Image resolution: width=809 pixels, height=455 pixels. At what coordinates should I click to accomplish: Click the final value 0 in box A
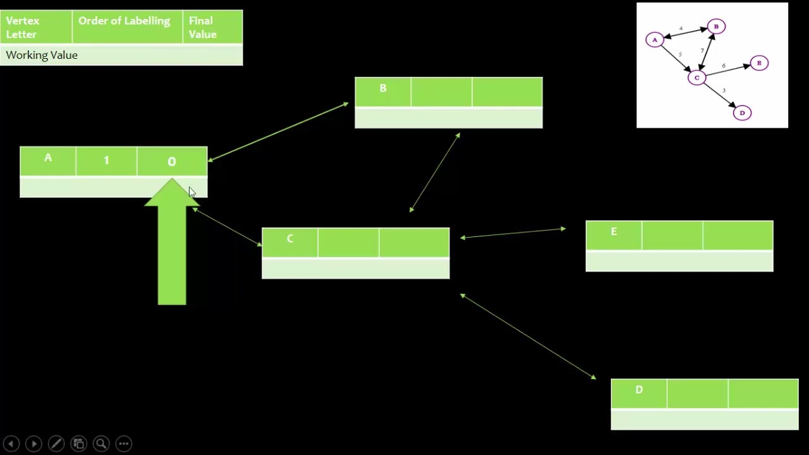[172, 162]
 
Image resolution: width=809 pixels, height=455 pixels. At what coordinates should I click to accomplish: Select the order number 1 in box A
[106, 161]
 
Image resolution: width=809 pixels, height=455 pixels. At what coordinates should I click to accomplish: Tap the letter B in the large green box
[383, 88]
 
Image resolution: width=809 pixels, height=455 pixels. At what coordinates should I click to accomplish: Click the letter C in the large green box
[290, 239]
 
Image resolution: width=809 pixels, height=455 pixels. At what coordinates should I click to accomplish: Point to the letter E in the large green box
[614, 232]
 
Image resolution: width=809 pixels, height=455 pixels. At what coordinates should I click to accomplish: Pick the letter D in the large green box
[639, 390]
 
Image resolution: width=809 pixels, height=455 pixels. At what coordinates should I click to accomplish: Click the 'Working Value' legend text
[42, 55]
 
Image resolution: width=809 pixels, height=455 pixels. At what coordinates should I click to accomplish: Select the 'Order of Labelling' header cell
[125, 21]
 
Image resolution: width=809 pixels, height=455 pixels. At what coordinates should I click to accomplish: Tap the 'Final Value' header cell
[203, 27]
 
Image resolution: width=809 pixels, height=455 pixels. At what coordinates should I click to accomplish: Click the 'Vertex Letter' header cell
[23, 27]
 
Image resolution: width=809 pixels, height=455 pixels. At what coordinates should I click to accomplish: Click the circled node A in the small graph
[655, 40]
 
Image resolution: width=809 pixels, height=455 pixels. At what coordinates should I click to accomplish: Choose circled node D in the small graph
[742, 113]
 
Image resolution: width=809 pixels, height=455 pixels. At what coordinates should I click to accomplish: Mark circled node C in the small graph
[696, 78]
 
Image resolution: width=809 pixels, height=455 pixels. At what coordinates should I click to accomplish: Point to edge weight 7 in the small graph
[702, 51]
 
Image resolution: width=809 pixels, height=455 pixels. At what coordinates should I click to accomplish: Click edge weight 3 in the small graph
[724, 91]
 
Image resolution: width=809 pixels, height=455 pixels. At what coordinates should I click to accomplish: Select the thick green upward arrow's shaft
[172, 259]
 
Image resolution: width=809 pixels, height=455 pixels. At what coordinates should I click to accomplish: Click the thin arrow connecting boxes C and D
[528, 337]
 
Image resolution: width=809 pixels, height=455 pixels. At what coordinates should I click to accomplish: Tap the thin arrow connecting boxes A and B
[278, 131]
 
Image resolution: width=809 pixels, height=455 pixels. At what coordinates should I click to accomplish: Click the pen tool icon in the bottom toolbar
[56, 444]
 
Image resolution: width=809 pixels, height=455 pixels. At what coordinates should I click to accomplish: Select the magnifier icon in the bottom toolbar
[101, 444]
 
